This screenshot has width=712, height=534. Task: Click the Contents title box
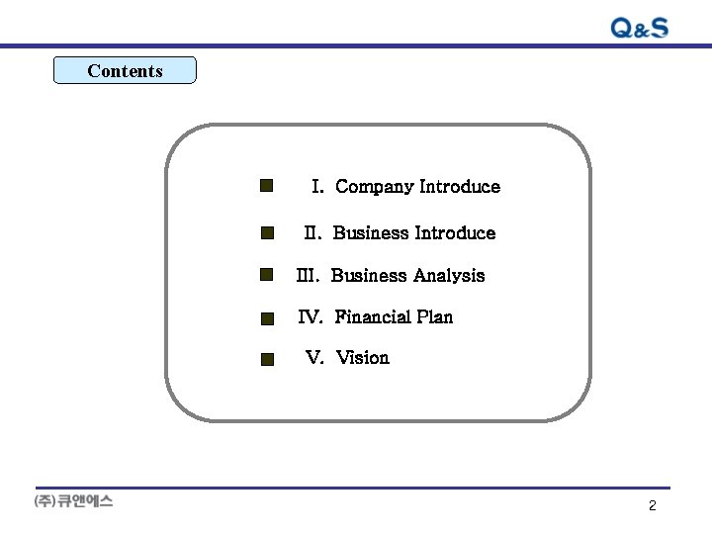[x=125, y=70]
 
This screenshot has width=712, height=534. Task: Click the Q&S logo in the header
[x=640, y=28]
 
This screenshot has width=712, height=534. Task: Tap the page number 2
[x=652, y=506]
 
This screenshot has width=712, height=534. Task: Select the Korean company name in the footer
[x=74, y=501]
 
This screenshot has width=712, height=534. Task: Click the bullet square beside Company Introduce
[x=266, y=186]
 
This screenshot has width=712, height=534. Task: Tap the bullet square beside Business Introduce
[x=267, y=233]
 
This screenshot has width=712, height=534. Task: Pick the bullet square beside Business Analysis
[x=267, y=274]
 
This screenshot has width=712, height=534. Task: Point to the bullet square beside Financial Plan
[x=267, y=318]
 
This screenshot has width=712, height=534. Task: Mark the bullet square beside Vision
[x=267, y=360]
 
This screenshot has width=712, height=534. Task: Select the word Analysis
[x=450, y=276]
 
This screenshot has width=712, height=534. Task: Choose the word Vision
[x=363, y=358]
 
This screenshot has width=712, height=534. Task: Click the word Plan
[x=435, y=317]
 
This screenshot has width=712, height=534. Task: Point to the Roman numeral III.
[x=308, y=276]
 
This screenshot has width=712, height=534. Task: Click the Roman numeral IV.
[x=311, y=317]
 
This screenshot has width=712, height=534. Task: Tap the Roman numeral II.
[x=312, y=233]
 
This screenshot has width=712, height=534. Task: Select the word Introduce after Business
[x=455, y=233]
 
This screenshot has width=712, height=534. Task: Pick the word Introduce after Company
[x=460, y=187]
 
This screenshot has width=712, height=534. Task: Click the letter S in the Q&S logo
[x=658, y=28]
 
